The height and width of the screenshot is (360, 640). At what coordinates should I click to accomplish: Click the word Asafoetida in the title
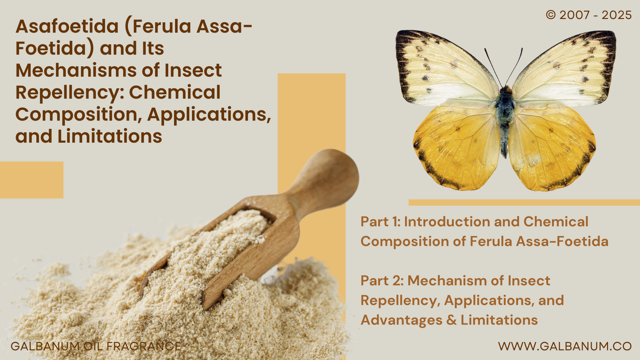pos(67,26)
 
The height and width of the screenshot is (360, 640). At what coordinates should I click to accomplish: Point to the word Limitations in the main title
pos(110,136)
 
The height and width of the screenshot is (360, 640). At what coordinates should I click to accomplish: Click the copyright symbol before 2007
pos(551,15)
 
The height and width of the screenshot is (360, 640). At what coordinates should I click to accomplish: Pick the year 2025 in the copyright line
pos(617,15)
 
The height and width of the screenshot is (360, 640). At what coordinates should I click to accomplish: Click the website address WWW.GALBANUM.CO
pos(565,346)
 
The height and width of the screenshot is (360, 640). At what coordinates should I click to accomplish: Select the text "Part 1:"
pos(380,222)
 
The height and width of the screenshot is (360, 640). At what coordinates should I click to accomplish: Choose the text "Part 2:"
pos(382,281)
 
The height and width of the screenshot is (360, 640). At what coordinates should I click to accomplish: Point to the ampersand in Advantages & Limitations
pos(451,320)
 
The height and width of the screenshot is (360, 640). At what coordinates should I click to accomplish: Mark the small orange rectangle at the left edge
pos(32,180)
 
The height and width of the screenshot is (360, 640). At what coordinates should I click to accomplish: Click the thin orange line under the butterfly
pos(524,202)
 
